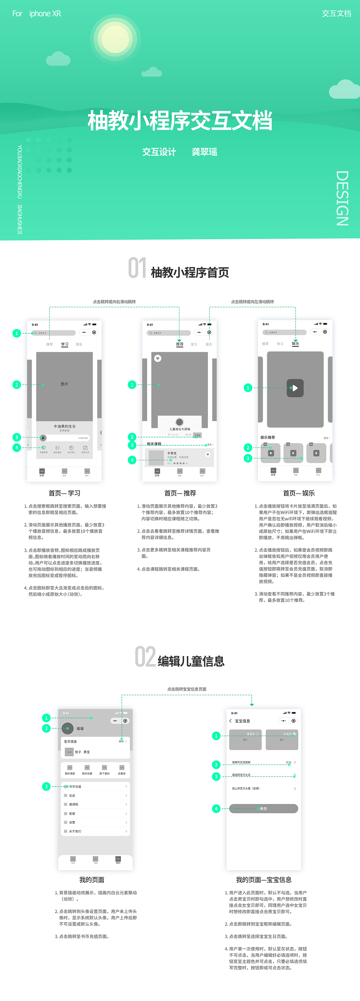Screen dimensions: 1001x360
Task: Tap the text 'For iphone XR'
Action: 37,13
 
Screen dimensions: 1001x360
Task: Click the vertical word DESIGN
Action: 342,198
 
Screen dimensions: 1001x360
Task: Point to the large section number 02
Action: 145,657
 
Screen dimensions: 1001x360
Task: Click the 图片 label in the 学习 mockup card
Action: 64,384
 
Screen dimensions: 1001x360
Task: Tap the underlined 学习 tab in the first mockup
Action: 64,344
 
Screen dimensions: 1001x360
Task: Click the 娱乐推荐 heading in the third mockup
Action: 267,438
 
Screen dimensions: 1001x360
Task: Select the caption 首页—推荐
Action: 180,493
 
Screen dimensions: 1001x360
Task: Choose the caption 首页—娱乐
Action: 299,493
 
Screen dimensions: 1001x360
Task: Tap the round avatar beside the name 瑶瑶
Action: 68,729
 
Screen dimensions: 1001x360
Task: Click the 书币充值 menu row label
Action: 75,787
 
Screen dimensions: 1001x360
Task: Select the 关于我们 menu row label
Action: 75,831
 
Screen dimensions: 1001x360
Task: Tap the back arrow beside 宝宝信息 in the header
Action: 231,721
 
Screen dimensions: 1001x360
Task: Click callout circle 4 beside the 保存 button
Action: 216,809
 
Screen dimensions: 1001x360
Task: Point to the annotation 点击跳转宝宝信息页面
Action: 186,689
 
